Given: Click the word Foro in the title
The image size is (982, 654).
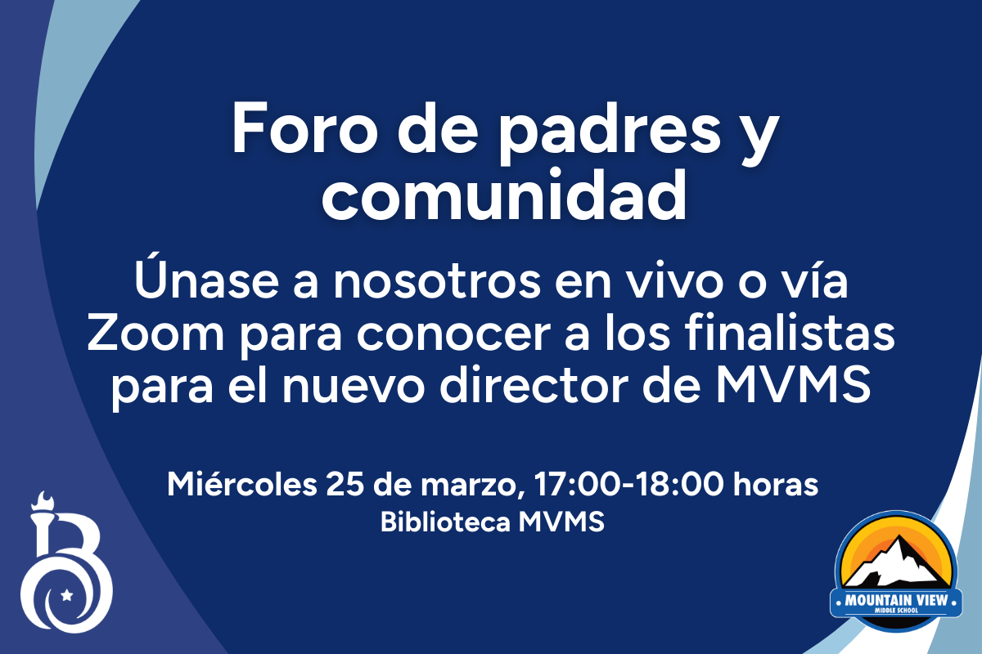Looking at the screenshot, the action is [x=304, y=128].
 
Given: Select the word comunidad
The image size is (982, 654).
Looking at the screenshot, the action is [x=505, y=195].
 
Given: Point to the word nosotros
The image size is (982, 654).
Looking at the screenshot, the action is [x=437, y=282].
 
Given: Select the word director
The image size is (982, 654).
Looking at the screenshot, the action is [x=534, y=386].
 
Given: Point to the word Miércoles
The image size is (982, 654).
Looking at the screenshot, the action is [x=242, y=485].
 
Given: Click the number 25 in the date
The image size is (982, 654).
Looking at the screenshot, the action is [x=345, y=486].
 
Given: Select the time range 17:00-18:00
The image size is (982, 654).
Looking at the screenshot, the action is [x=628, y=486].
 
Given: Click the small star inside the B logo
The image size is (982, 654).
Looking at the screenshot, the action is [x=66, y=595].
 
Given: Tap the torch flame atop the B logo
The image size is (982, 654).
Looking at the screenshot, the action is [x=44, y=500].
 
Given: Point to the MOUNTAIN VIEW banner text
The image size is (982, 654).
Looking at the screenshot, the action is [x=896, y=600].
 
